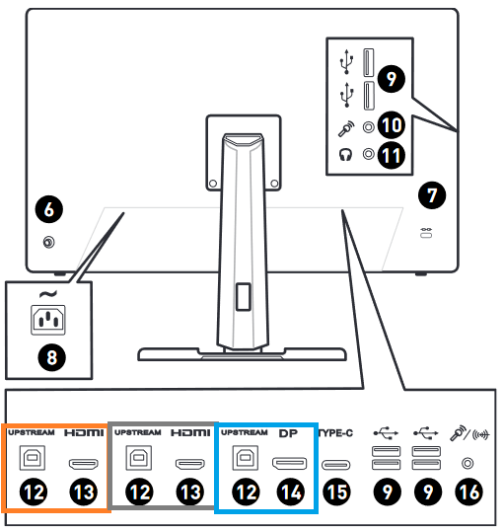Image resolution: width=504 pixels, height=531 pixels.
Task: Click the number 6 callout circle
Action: [49, 209]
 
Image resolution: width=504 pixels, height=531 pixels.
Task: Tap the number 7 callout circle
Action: [432, 195]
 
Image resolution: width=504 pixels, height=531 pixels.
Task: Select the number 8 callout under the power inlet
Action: [51, 357]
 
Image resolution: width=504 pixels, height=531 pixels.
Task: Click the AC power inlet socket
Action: [48, 320]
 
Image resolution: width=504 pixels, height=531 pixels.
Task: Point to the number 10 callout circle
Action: [391, 125]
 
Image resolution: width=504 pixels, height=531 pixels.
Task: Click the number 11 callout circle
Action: [391, 155]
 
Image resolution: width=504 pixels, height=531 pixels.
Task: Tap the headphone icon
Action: [345, 155]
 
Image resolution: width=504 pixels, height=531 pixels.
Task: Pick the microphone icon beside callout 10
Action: [346, 128]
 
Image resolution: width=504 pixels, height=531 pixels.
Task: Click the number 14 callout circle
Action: [290, 492]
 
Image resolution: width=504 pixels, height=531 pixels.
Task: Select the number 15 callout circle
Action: [336, 492]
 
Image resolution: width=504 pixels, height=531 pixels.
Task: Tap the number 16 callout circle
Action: [469, 492]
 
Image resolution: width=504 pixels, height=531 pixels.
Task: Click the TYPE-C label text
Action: [335, 433]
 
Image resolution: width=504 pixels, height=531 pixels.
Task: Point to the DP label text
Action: [288, 433]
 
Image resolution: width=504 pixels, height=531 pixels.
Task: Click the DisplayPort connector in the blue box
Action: [289, 464]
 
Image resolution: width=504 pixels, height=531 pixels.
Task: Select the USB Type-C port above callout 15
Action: [335, 465]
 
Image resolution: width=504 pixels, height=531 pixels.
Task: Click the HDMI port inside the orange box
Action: [84, 464]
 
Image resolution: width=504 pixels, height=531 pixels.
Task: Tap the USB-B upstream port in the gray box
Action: [139, 458]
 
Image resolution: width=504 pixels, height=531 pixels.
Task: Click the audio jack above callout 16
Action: [468, 463]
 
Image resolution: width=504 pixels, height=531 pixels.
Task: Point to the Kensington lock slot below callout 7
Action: [426, 233]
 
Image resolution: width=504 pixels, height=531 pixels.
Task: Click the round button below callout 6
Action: [49, 243]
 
